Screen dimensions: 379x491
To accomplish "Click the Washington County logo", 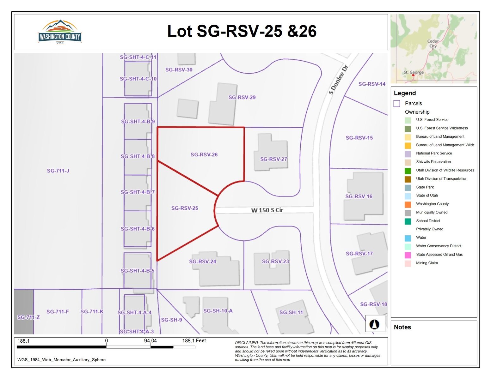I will (x=60, y=32).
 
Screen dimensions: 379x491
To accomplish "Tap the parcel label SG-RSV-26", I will (x=204, y=154).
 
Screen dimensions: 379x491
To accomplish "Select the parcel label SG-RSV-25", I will (x=185, y=208).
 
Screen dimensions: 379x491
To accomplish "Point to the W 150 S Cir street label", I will (x=267, y=210).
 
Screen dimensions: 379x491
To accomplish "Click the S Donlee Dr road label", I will (x=338, y=79).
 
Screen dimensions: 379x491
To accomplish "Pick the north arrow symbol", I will (x=375, y=324).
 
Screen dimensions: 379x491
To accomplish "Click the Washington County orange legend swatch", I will (x=408, y=204).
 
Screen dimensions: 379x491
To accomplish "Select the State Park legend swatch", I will (x=408, y=187).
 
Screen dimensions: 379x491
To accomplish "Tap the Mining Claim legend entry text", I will (x=427, y=263).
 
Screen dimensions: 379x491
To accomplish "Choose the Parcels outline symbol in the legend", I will (x=397, y=104).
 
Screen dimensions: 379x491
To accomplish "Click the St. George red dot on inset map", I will (x=413, y=75).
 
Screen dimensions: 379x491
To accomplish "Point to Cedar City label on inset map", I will (x=433, y=44).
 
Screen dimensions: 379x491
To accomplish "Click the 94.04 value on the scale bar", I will (x=150, y=341).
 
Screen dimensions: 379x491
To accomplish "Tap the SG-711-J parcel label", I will (x=58, y=171).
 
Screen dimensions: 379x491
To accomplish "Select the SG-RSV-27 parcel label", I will (x=273, y=159).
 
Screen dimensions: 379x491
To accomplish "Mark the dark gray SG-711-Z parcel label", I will (x=28, y=317).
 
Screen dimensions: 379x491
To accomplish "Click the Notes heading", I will (x=402, y=327).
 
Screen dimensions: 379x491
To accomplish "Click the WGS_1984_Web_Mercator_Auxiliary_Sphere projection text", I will (x=61, y=360).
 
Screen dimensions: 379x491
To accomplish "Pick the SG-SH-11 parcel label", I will (x=291, y=312).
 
